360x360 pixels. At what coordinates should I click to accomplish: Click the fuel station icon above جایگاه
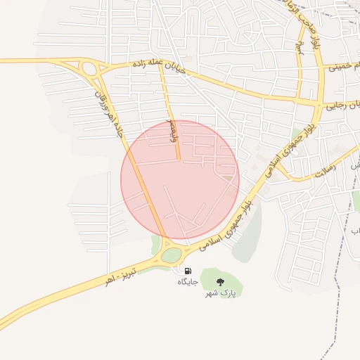[x=188, y=271]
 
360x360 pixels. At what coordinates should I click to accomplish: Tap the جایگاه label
[x=188, y=281]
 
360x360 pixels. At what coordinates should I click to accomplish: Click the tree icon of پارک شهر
[x=221, y=282]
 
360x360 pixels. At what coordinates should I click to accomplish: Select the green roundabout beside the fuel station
[x=171, y=255]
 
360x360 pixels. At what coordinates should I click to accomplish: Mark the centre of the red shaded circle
[x=180, y=180]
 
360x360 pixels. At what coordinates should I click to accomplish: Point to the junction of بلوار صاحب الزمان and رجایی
[x=321, y=103]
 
